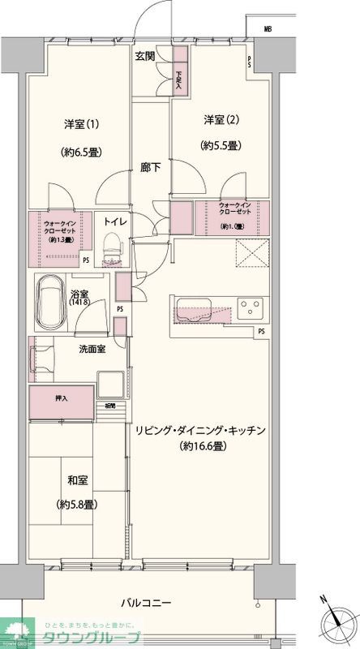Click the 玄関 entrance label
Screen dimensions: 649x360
tap(145, 57)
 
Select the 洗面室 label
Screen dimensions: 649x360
tap(91, 349)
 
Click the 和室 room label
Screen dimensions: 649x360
tap(78, 479)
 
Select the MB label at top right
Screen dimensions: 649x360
tap(267, 29)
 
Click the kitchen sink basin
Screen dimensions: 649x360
tap(194, 310)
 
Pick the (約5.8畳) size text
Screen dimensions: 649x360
tap(78, 504)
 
